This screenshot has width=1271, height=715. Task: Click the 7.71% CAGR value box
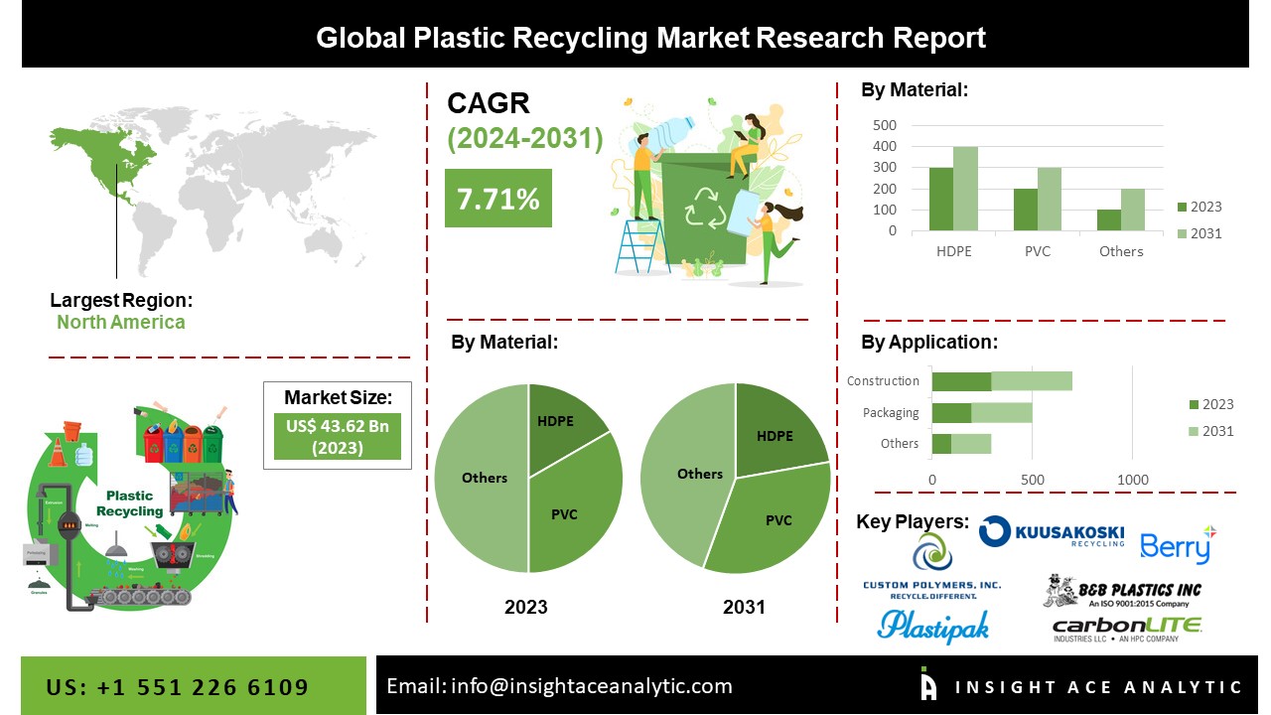point(497,198)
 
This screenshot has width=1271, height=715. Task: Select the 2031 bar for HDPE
point(965,189)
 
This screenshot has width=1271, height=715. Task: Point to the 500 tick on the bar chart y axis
point(885,125)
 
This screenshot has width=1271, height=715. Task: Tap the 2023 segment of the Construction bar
point(961,380)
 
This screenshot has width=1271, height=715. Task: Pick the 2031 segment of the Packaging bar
point(1001,412)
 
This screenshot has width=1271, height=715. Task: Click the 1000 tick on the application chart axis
point(1133,480)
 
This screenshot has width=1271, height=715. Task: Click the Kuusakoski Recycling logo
point(1052,532)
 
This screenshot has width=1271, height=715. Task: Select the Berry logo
point(1178,544)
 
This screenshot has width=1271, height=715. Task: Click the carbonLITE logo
point(1126,629)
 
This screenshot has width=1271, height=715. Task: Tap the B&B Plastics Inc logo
point(1122,592)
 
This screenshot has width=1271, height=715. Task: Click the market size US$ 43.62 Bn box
point(337,437)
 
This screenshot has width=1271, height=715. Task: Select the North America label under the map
point(120,322)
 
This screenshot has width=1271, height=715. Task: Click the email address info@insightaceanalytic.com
point(559,686)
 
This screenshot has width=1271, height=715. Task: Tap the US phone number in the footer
point(178,687)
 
